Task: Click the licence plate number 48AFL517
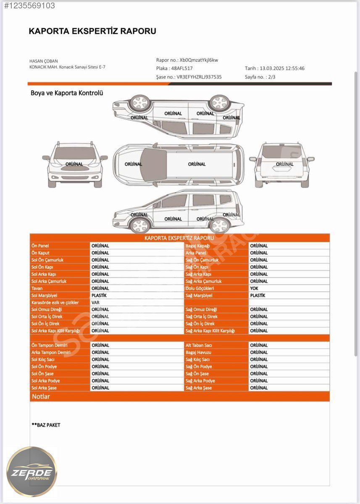[x=182, y=68]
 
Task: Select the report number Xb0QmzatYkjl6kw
[x=199, y=60]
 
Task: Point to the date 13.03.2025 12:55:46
[x=282, y=68]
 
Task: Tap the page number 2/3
[x=271, y=77]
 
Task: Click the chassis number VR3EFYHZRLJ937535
[x=199, y=77]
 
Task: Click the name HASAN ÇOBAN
[x=43, y=61]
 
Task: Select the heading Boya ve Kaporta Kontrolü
[x=67, y=93]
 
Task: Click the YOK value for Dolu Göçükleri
[x=254, y=288]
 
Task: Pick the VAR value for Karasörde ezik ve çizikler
[x=95, y=302]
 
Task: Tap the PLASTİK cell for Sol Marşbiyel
[x=99, y=295]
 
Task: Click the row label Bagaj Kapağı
[x=197, y=246]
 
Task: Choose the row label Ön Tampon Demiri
[x=49, y=345]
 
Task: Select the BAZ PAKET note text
[x=46, y=425]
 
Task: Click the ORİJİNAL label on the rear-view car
[x=285, y=164]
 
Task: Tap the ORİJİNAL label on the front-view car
[x=74, y=164]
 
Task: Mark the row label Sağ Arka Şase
[x=198, y=388]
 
